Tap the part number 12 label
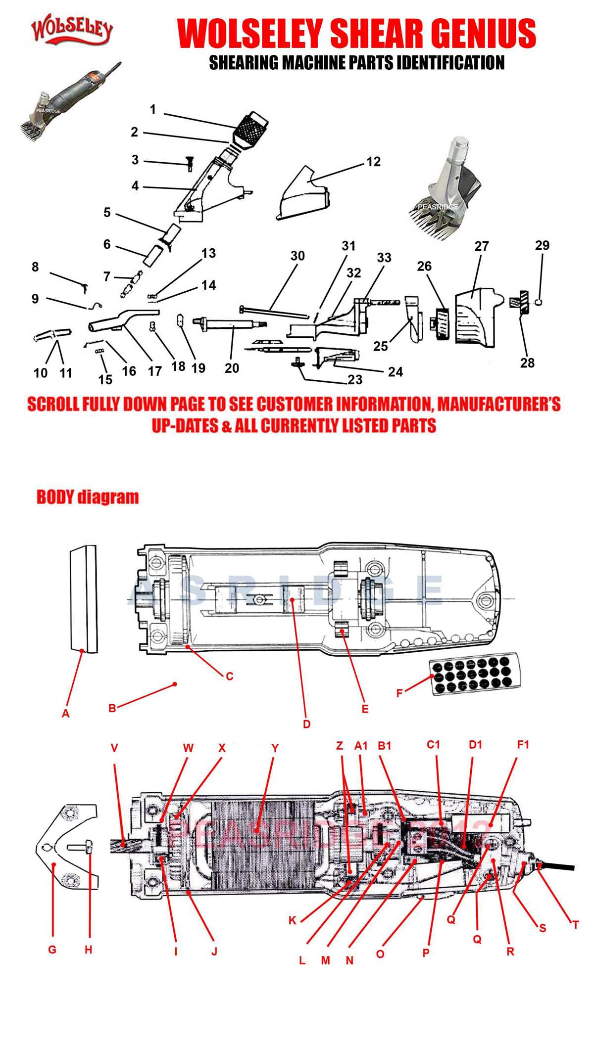[373, 162]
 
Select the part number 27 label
[481, 246]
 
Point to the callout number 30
[297, 256]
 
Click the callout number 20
[232, 368]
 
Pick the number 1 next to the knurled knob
[153, 109]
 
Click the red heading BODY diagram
[88, 497]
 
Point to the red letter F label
[399, 693]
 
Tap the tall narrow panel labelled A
[83, 599]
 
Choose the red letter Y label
[275, 748]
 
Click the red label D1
[475, 745]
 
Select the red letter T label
[575, 924]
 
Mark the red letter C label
[229, 676]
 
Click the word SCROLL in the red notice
[52, 404]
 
